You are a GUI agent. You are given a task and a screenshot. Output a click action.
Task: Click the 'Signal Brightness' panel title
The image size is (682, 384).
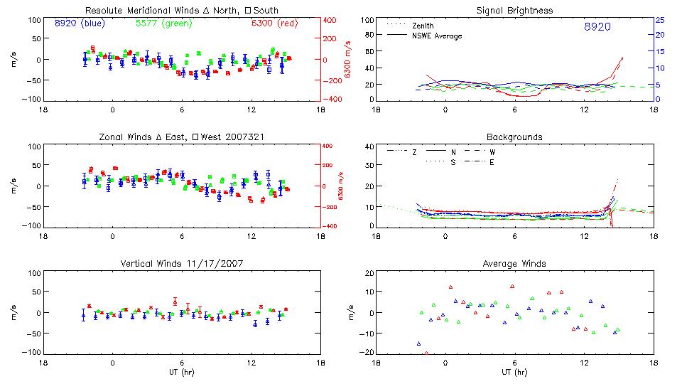tap(515, 11)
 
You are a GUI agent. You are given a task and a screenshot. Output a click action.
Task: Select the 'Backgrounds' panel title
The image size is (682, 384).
tap(514, 137)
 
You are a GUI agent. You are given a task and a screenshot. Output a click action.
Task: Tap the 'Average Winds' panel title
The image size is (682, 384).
tap(515, 264)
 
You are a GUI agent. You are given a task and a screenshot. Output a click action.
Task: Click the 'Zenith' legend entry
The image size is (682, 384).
tap(423, 25)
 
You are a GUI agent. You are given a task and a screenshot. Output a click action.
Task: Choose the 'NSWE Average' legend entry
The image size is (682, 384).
tap(437, 36)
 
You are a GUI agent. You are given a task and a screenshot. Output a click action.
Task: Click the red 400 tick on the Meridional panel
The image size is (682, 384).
tap(332, 19)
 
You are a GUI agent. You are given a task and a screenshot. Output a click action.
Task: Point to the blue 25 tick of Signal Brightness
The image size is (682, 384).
tap(659, 19)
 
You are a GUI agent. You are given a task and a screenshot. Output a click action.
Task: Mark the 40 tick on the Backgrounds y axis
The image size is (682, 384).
tap(369, 147)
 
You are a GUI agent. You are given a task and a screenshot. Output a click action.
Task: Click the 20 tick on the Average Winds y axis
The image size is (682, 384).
tap(369, 274)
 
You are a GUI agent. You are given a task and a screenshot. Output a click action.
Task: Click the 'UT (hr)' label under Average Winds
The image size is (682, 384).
tap(514, 371)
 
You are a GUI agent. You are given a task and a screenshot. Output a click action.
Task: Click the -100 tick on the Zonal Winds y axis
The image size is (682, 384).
tap(31, 226)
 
